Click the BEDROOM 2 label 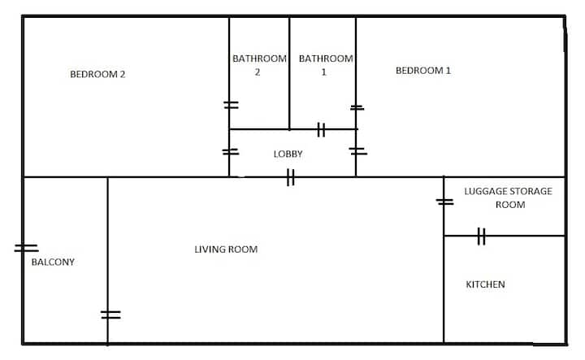pos(97,74)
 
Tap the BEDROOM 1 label pos(423,71)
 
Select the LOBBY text pos(288,154)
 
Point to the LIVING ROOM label pos(226,249)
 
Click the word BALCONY pos(53,262)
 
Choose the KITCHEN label pos(485,284)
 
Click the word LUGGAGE pos(485,192)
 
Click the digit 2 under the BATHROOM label pos(258,72)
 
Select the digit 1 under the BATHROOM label pos(324,72)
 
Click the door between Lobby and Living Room pos(291,177)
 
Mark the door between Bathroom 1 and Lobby pos(321,130)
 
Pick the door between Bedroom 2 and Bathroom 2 pos(231,105)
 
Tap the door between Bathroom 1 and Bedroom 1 pos(357,108)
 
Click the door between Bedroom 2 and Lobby pos(231,152)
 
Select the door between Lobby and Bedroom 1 pos(357,151)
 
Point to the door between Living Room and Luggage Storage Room pos(444,202)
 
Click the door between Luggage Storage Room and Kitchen pos(481,236)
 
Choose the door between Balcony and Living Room pos(110,314)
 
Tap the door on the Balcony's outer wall pos(26,248)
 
